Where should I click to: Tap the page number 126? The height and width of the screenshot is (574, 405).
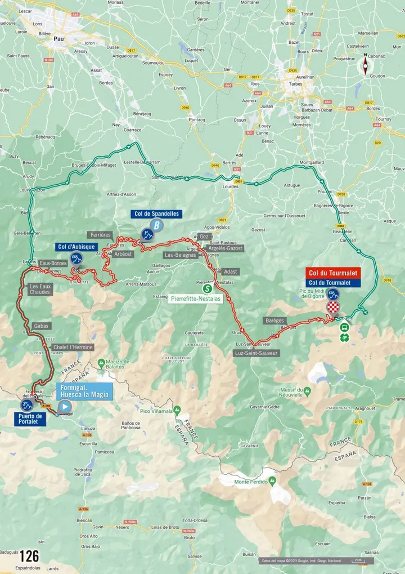(29, 556)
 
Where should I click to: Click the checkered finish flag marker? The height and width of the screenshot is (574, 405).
(334, 307)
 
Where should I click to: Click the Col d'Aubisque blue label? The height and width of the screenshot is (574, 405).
(77, 247)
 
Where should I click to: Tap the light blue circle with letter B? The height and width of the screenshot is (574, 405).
(158, 226)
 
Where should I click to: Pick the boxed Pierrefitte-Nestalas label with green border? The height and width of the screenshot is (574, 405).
(196, 299)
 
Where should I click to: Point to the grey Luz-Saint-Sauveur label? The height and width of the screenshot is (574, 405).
(255, 353)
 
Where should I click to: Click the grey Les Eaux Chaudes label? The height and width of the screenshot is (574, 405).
(40, 290)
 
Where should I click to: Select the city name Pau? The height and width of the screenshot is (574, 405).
(58, 39)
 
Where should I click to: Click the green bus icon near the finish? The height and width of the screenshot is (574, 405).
(344, 327)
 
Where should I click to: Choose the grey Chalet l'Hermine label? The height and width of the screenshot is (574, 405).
(73, 348)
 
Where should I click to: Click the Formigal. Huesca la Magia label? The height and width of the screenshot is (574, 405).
(84, 391)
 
